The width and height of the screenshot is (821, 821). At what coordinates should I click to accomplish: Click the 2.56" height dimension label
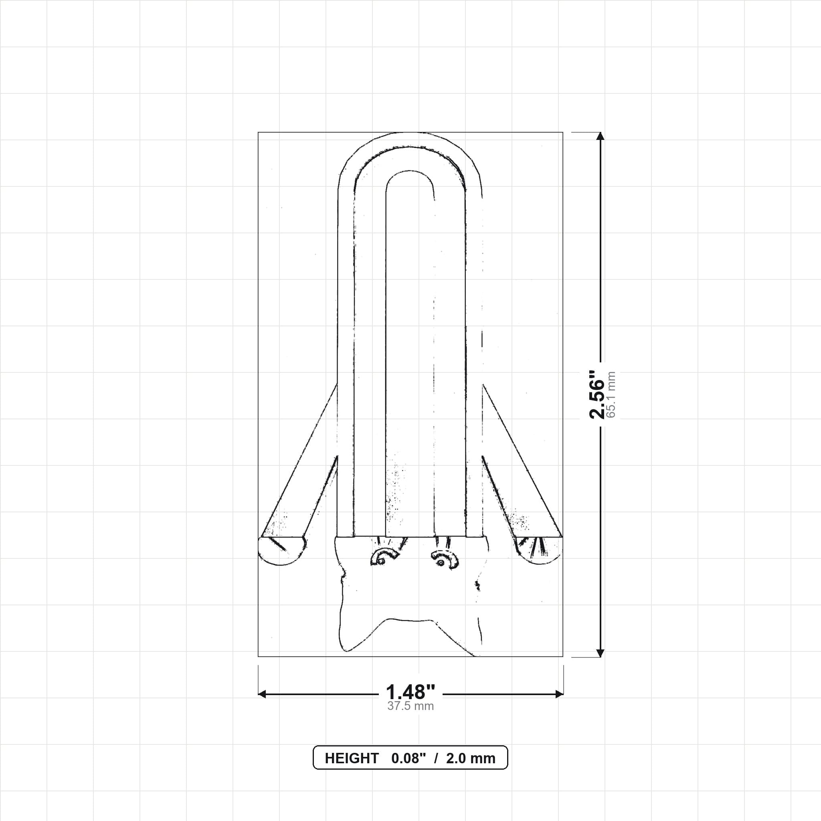pos(597,394)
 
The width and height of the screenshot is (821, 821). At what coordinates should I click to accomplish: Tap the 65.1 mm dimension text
pos(611,394)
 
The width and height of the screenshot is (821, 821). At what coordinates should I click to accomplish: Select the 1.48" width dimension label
pos(410,692)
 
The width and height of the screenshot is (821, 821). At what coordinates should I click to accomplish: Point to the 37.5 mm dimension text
pos(410,706)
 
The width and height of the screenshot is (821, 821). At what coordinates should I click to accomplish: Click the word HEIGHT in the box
pos(352,758)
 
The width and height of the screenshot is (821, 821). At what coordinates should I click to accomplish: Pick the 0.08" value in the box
pos(408,758)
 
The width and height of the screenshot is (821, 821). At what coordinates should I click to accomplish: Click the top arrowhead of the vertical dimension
pos(600,136)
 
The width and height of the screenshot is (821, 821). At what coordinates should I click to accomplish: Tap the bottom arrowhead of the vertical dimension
pos(600,653)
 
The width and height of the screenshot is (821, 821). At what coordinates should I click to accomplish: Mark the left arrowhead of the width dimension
pos(262,694)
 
